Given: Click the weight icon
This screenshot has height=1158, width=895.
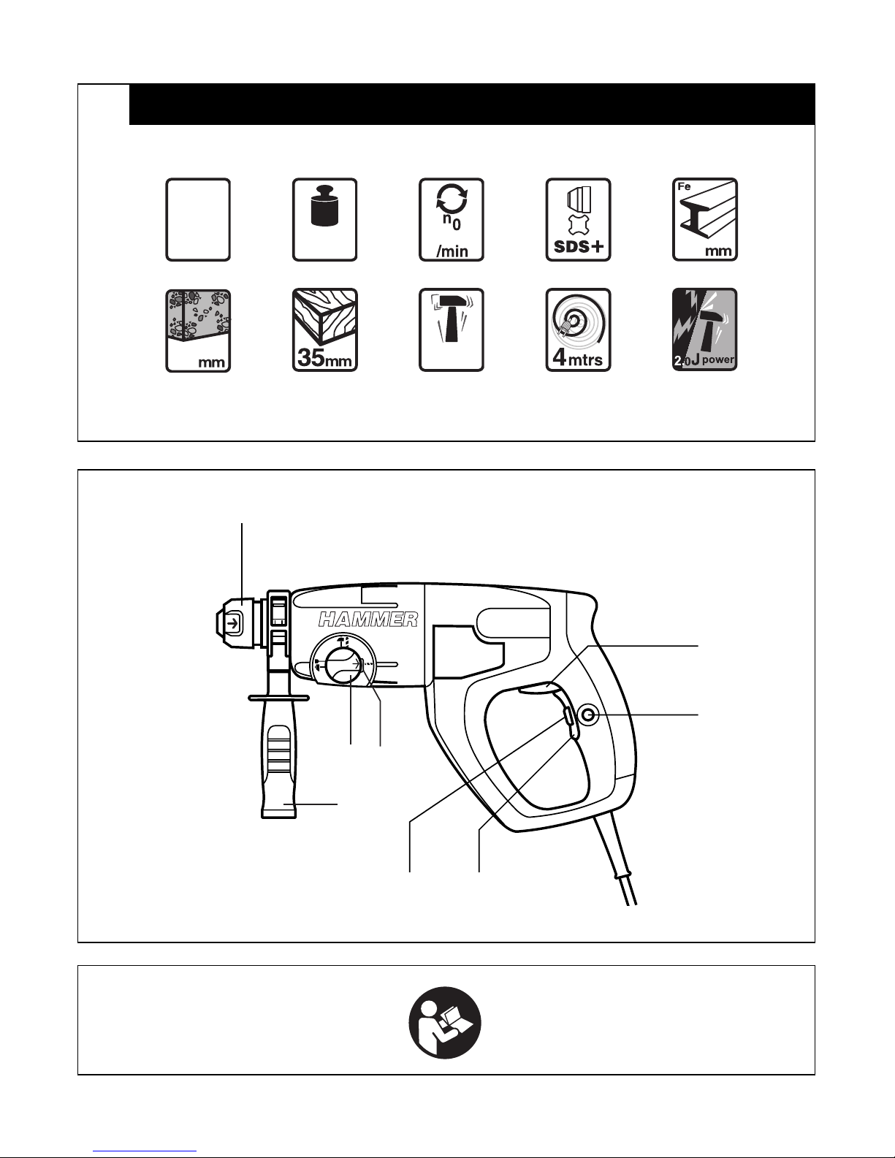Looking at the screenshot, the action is (324, 220).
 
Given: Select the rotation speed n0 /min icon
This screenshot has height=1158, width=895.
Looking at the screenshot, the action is (452, 220).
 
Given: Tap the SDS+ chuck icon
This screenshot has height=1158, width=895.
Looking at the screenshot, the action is (578, 220).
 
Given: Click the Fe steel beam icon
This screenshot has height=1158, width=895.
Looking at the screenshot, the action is (705, 220).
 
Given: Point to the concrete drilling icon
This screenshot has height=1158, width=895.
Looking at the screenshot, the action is (198, 330).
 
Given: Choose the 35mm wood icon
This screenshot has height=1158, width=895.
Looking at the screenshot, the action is (324, 330).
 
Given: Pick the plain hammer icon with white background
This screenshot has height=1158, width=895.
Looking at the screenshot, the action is (452, 330).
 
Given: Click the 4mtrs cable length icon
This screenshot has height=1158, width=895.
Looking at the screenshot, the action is (578, 330).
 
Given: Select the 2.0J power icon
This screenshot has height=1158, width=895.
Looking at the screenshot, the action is (705, 330).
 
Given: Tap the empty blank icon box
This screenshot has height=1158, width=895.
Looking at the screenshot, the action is (198, 220).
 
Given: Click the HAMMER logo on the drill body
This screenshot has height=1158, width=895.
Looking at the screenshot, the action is (368, 620).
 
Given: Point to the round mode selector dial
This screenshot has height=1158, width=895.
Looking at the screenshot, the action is (343, 664).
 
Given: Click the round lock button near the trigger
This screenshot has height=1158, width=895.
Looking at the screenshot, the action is (587, 715).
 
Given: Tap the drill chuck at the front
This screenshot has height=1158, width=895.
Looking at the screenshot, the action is (240, 622).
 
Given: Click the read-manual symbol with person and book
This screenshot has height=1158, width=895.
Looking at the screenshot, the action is (445, 1023).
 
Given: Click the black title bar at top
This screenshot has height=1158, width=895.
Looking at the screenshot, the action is (472, 104).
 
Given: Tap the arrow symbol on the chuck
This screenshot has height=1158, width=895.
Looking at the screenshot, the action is (233, 622).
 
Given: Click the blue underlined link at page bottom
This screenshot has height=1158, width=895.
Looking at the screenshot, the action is (145, 1151).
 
